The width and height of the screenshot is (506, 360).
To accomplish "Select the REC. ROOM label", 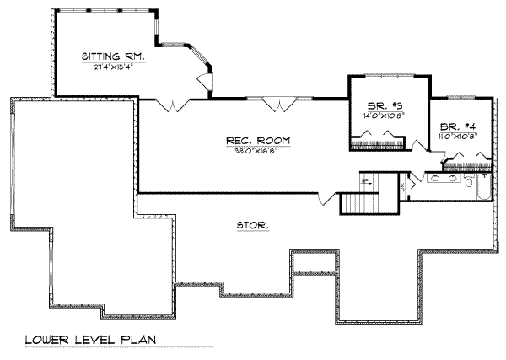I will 247,140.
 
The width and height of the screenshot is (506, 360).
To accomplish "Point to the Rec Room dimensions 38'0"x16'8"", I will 247,151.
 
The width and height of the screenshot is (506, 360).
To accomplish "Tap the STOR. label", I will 253,225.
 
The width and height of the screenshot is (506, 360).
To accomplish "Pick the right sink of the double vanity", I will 454,179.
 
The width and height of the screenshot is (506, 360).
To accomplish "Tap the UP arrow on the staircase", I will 366,180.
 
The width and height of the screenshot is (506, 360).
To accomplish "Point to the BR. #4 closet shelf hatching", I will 467,157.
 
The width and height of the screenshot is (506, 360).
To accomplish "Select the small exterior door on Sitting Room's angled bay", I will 202,81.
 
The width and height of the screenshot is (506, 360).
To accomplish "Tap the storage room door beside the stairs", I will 325,198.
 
